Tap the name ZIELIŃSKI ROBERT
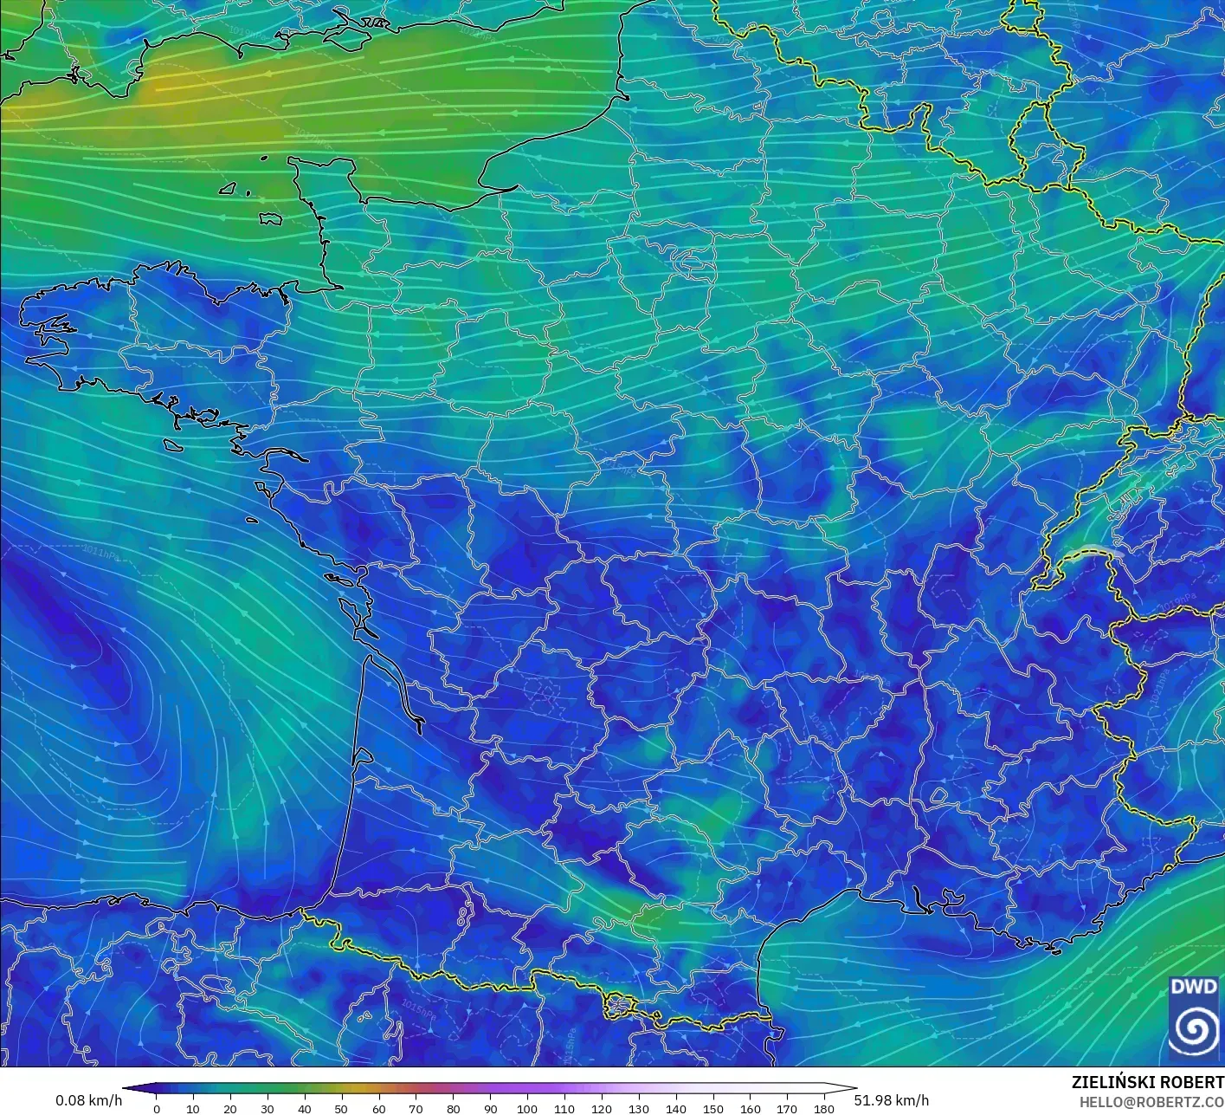click(1147, 1082)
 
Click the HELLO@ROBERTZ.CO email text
click(1151, 1101)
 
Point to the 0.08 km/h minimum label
click(88, 1100)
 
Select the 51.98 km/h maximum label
click(891, 1100)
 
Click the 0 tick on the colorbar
click(156, 1108)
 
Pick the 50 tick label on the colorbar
click(342, 1108)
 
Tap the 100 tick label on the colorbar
click(527, 1108)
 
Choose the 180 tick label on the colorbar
click(824, 1108)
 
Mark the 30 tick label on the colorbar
click(268, 1108)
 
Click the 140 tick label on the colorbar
click(676, 1108)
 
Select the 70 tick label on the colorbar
click(416, 1108)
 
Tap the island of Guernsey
click(229, 187)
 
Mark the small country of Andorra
click(621, 1006)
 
